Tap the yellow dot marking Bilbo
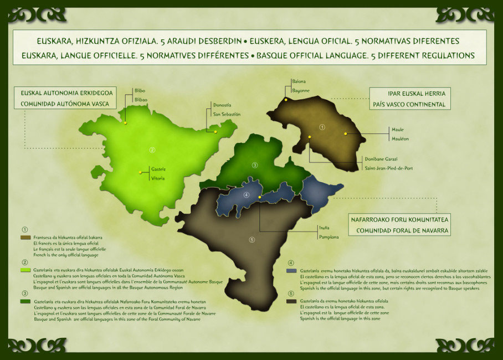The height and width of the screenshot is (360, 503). pyautogui.click(x=125, y=122)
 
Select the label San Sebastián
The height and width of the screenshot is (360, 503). pyautogui.click(x=227, y=115)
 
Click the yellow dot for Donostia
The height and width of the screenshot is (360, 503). pyautogui.click(x=215, y=132)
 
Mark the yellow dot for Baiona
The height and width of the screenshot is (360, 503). pyautogui.click(x=286, y=100)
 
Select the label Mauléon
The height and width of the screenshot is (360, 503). pyautogui.click(x=400, y=138)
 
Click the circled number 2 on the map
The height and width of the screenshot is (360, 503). pyautogui.click(x=152, y=149)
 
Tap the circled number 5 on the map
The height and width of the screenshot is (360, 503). pyautogui.click(x=251, y=240)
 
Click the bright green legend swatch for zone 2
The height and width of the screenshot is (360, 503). pyautogui.click(x=25, y=270)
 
